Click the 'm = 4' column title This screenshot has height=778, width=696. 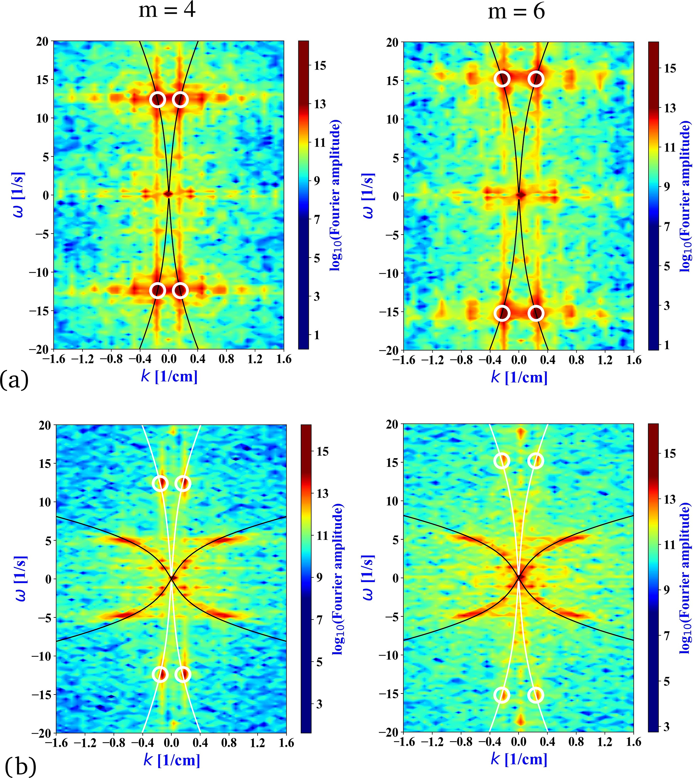167,11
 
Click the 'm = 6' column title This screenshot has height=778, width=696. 516,11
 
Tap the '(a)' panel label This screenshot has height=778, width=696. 14,380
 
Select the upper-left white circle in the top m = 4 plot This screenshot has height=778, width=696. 158,99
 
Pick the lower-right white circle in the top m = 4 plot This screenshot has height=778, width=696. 180,291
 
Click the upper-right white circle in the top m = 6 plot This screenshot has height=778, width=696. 536,79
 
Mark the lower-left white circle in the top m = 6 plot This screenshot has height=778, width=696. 502,313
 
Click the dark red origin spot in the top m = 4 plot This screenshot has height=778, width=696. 169,194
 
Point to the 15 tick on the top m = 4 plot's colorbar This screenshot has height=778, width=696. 320,66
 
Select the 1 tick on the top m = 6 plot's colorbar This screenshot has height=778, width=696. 667,345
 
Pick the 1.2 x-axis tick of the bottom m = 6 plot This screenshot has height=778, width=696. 605,742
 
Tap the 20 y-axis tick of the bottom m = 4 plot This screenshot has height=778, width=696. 45,426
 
